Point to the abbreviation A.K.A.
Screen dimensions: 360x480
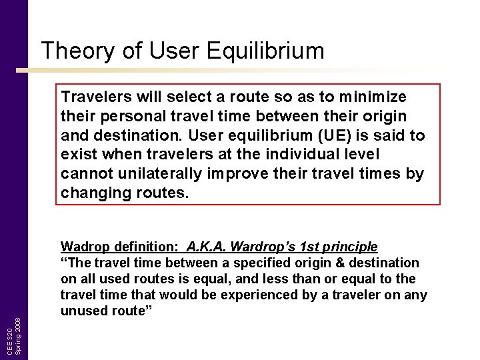click(x=208, y=247)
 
